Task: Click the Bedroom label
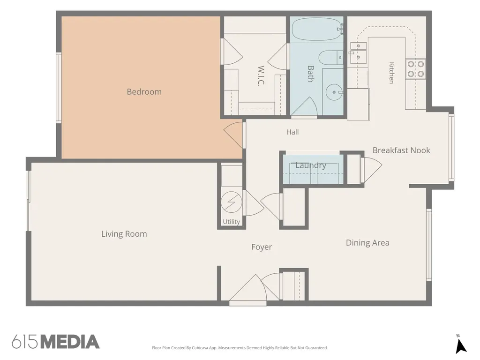click(144, 92)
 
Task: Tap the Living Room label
click(124, 234)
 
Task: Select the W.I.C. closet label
click(261, 76)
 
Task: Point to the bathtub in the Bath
click(316, 29)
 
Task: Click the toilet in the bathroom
click(330, 57)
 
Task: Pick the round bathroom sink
click(334, 92)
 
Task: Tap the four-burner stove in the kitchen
click(416, 69)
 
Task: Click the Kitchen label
click(391, 73)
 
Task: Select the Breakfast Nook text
click(401, 150)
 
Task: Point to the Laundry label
click(311, 165)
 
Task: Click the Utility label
click(231, 222)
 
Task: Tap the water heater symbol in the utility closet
click(232, 202)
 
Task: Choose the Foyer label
click(262, 247)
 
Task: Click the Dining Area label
click(367, 243)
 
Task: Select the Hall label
click(292, 132)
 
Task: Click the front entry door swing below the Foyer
click(248, 289)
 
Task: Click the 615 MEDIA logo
click(56, 342)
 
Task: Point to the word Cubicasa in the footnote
click(200, 348)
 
